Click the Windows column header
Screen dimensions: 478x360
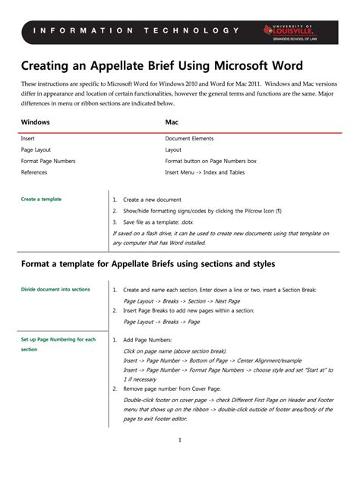click(x=35, y=121)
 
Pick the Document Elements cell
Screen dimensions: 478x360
click(x=189, y=139)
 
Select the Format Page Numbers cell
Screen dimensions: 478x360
click(x=48, y=162)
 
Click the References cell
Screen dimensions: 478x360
click(x=36, y=173)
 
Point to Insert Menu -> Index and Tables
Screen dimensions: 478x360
click(x=205, y=173)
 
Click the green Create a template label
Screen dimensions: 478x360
click(x=41, y=200)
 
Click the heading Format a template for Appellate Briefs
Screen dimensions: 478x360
click(x=147, y=263)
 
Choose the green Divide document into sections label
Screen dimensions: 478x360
click(x=55, y=290)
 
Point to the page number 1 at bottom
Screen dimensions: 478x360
click(x=179, y=441)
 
